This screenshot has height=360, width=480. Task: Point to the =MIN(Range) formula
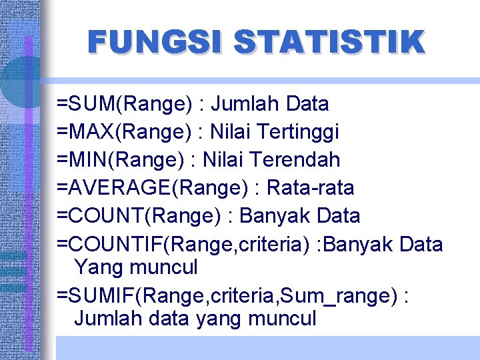(121, 160)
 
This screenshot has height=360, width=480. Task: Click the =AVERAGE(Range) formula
(152, 188)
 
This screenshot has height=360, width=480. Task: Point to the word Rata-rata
(310, 188)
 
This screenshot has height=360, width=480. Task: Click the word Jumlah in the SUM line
(246, 104)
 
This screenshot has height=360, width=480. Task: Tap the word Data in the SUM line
(307, 104)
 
